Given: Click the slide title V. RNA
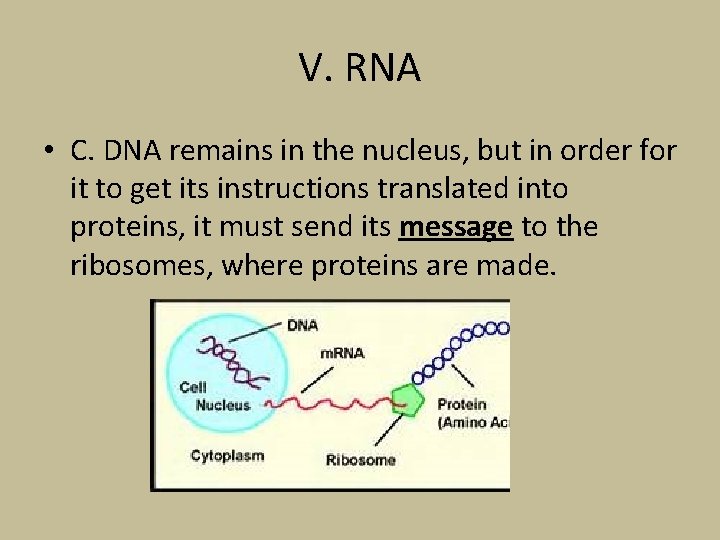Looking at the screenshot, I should [x=360, y=69].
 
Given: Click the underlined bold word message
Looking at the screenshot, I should [x=455, y=228].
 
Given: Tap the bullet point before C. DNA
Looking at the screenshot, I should [x=48, y=153].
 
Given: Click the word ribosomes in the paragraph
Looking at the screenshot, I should [x=140, y=265].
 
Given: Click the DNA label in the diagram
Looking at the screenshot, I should [x=302, y=325].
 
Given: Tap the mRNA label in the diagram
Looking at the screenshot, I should [x=342, y=352].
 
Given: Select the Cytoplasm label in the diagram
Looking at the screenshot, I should [x=227, y=456].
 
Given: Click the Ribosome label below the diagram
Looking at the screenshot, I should [x=360, y=460].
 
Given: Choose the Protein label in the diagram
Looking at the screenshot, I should [x=462, y=405].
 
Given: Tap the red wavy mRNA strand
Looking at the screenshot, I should [x=320, y=403].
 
